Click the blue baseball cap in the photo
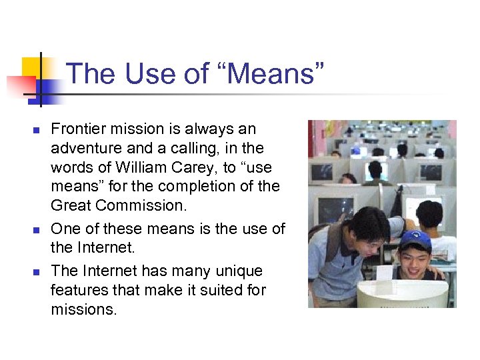(415, 239)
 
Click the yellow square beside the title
(33, 69)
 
